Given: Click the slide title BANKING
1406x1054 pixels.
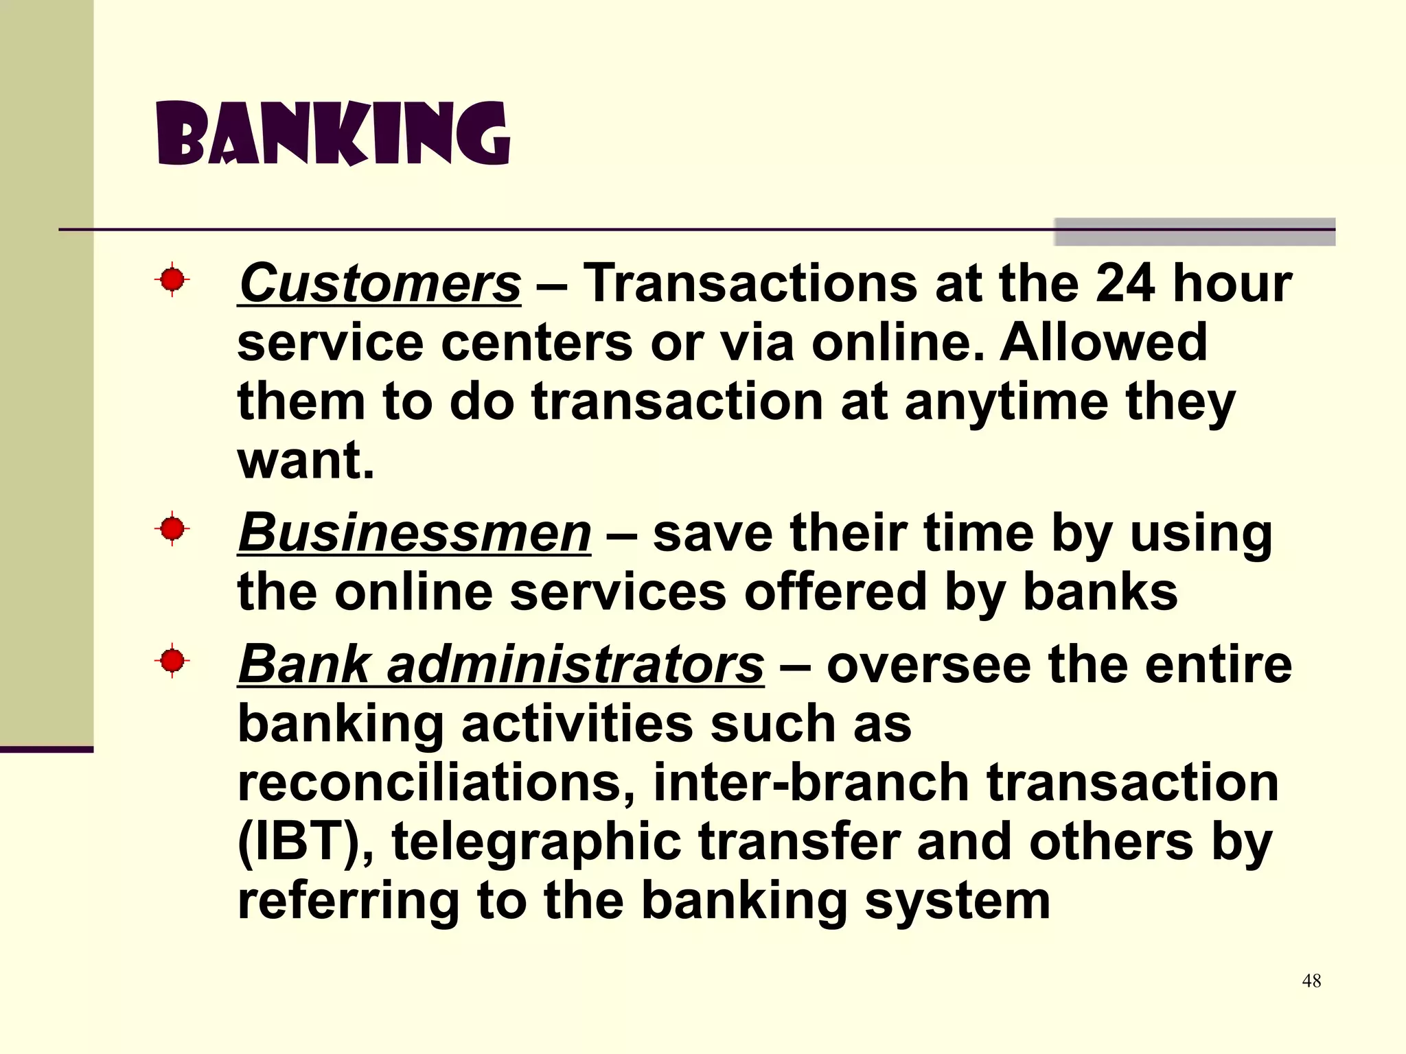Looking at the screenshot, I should tap(334, 134).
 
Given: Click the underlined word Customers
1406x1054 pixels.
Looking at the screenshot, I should tap(380, 283).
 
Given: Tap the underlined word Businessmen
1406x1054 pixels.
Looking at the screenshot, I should tap(414, 533).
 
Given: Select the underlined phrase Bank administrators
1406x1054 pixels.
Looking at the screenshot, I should tap(500, 664).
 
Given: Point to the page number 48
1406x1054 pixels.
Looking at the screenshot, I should tap(1311, 981).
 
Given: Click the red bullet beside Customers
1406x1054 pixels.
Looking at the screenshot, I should tap(172, 280).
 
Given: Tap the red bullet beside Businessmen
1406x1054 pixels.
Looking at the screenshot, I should tap(172, 529).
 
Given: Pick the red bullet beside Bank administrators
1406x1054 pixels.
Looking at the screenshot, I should tap(172, 661).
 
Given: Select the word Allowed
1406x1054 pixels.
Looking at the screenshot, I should tap(1103, 342).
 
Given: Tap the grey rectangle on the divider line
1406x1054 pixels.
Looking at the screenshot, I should tap(1195, 232).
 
